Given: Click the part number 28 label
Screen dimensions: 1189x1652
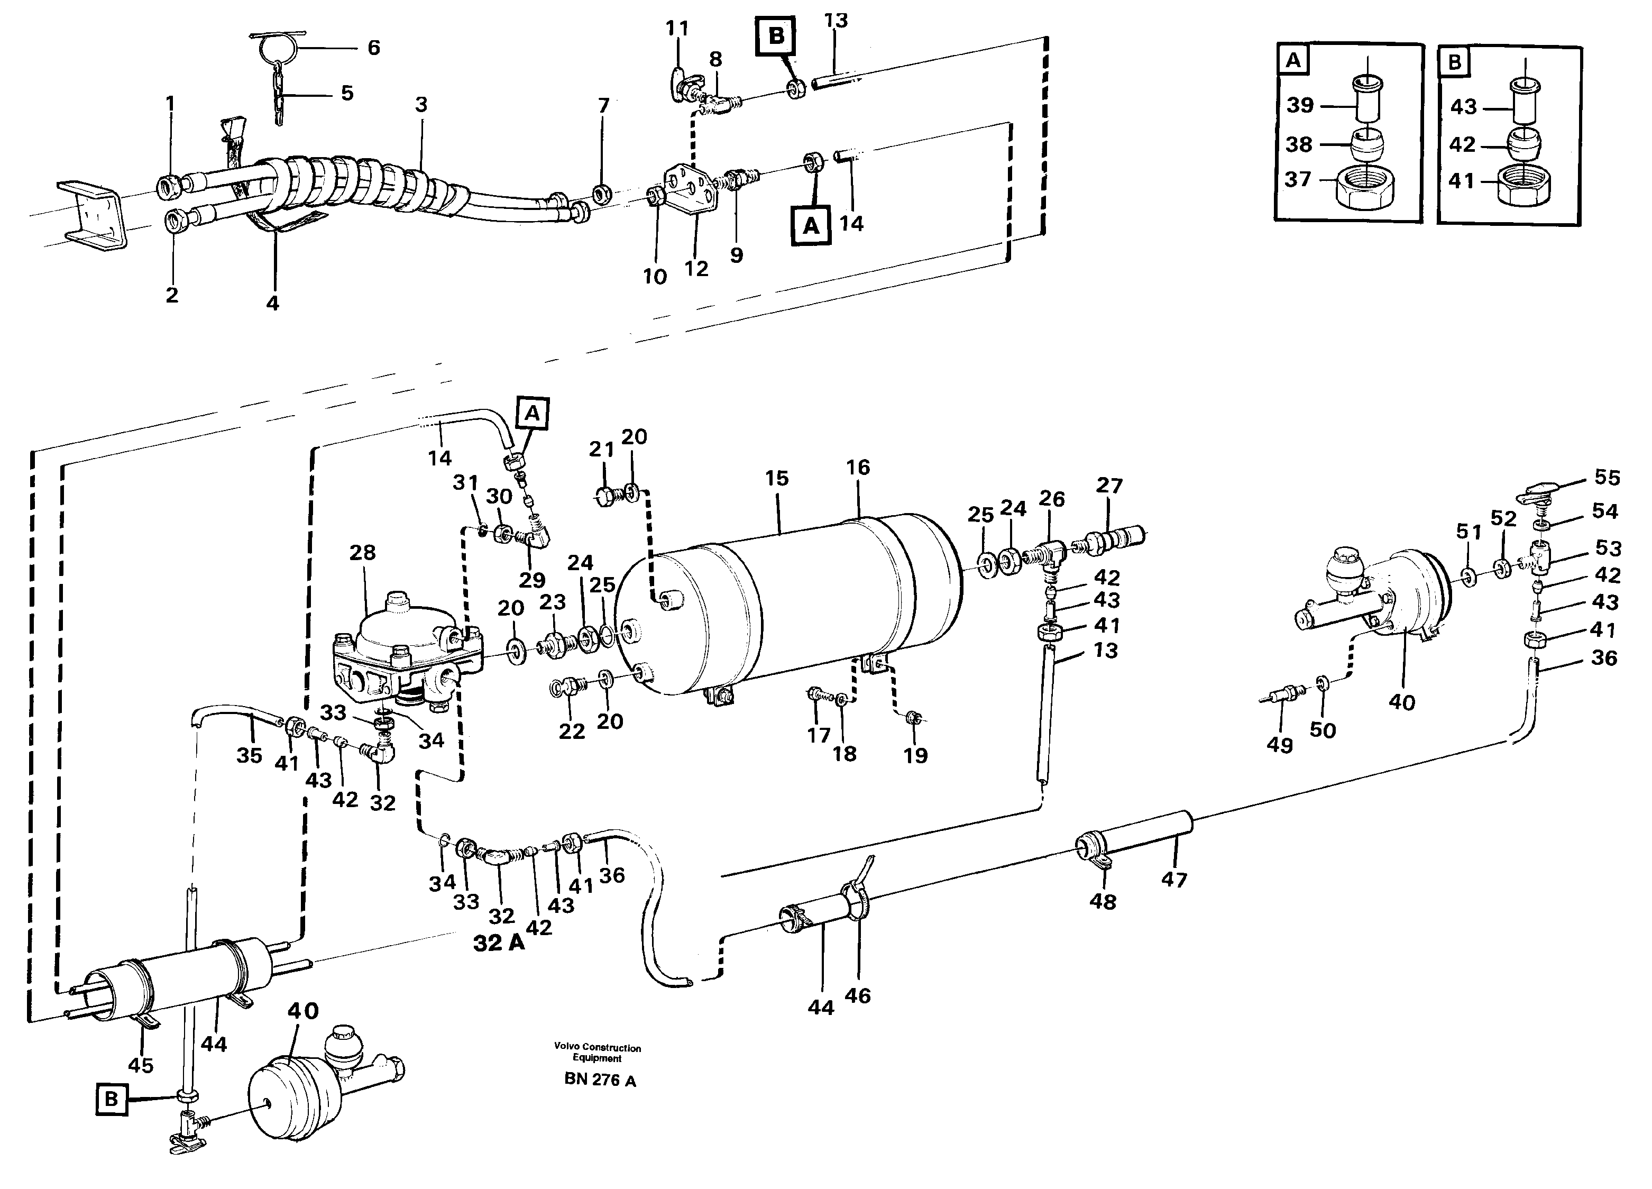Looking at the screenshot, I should click(x=362, y=553).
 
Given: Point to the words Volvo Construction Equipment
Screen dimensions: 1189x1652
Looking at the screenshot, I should click(x=597, y=1053).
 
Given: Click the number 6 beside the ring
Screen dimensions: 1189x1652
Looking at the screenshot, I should click(x=374, y=48).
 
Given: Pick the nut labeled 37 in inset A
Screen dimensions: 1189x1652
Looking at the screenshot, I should click(x=1366, y=191).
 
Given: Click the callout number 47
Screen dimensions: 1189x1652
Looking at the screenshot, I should click(x=1173, y=880).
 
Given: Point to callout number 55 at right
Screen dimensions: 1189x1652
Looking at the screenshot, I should click(x=1607, y=478).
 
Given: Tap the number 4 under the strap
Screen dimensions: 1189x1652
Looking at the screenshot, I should click(x=272, y=303).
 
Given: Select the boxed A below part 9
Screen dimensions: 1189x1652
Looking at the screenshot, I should click(x=811, y=226).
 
